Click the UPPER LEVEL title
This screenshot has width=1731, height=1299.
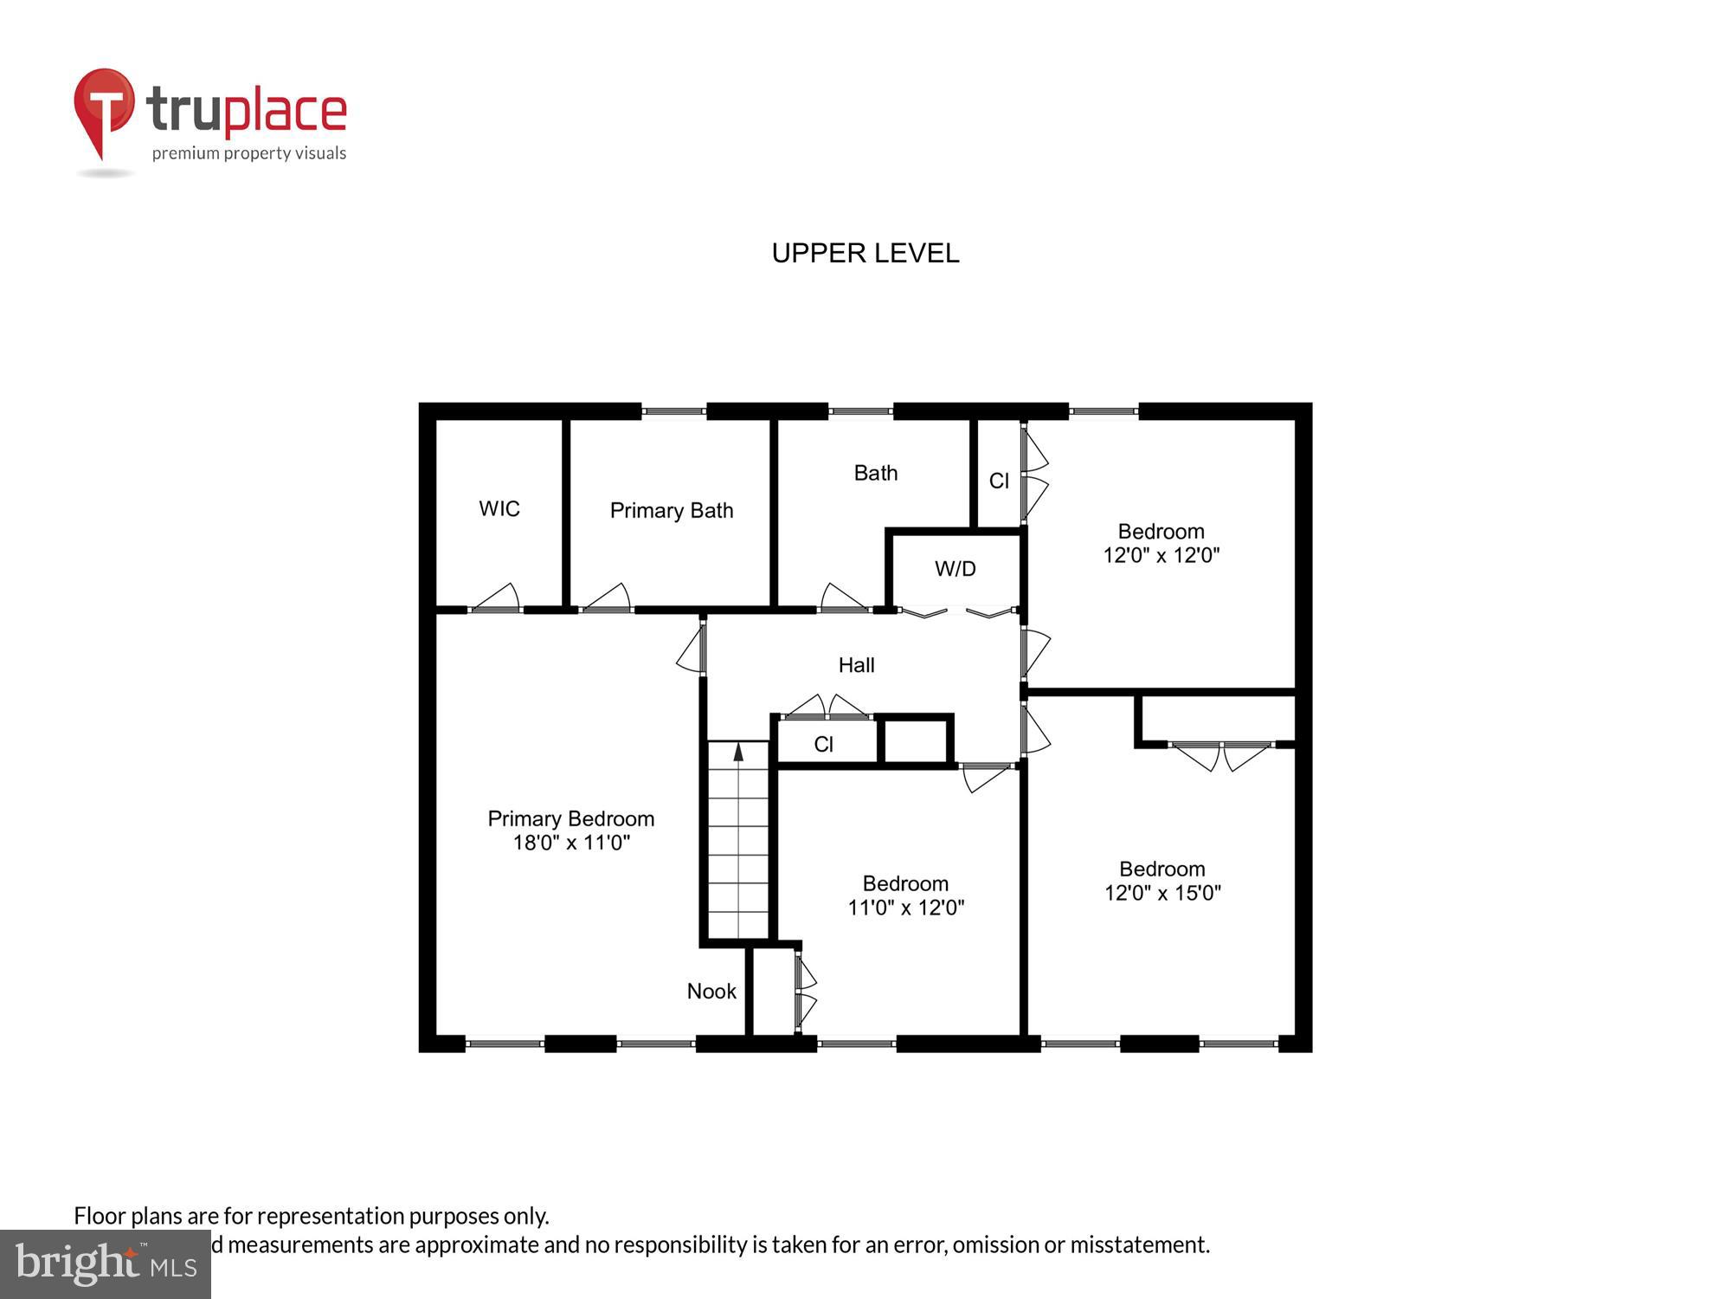point(865,253)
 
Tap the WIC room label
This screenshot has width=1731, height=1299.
point(499,508)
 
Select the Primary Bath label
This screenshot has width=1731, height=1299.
point(671,510)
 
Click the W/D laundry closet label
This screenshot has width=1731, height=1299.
point(955,569)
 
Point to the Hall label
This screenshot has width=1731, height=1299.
point(856,665)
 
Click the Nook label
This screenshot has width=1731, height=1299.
point(711,992)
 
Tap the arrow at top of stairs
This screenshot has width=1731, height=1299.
point(738,752)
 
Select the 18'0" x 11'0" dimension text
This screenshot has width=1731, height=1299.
point(571,843)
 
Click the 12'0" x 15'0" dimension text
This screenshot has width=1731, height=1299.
point(1162,893)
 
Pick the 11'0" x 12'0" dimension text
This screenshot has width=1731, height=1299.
point(905,908)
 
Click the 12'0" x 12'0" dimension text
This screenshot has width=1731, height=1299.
point(1161,555)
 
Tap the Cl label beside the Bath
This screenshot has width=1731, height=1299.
point(999,481)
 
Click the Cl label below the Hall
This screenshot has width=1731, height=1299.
point(823,744)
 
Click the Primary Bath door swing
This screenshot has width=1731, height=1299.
point(609,598)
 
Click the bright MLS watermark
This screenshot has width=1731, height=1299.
point(106,1264)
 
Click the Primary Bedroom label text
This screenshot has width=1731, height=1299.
point(571,818)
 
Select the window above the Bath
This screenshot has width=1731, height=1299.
point(860,411)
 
